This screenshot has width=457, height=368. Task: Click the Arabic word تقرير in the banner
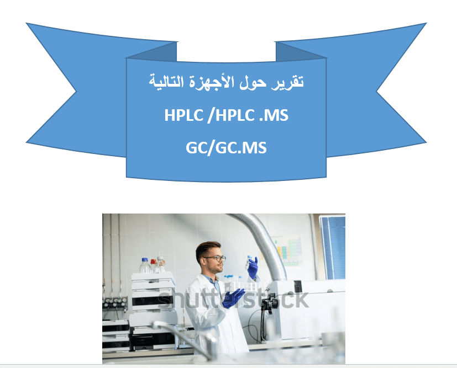click(x=288, y=82)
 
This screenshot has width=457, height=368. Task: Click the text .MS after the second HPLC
click(x=274, y=115)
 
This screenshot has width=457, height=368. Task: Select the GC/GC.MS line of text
click(x=226, y=147)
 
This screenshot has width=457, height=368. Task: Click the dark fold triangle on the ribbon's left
click(x=151, y=52)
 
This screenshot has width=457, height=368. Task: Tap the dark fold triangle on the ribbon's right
click(x=301, y=52)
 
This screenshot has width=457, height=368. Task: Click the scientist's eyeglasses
click(x=216, y=258)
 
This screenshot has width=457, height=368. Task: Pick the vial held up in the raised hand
click(x=248, y=262)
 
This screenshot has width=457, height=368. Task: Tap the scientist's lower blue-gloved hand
click(x=233, y=298)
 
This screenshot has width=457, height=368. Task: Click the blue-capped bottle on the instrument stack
click(x=145, y=265)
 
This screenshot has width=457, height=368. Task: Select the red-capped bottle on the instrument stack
click(x=154, y=266)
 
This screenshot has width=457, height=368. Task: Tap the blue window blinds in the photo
click(x=333, y=247)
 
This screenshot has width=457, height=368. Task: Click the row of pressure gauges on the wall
click(x=115, y=302)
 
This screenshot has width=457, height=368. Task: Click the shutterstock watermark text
click(x=233, y=299)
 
